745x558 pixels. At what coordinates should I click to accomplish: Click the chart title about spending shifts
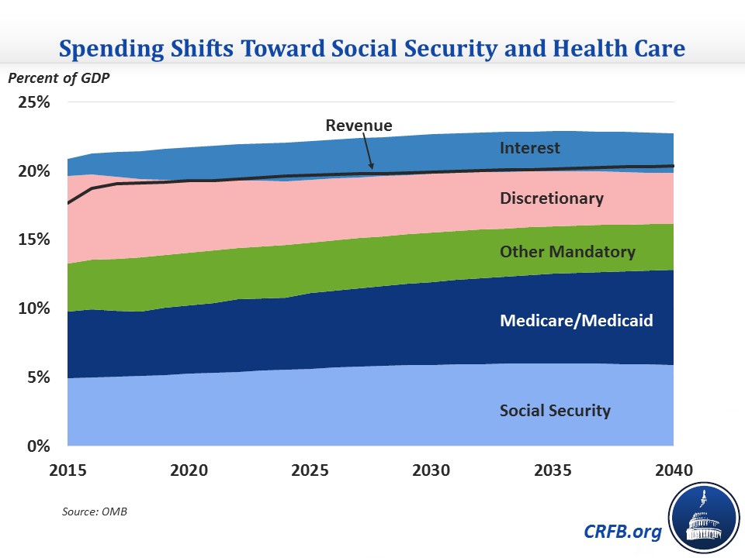372,49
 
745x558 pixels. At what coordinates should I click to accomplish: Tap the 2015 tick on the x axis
68,470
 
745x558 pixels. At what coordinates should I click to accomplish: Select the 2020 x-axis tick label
189,470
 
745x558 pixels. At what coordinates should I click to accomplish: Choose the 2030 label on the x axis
431,470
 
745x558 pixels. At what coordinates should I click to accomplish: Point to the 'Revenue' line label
359,125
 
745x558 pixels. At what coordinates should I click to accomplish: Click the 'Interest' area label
530,147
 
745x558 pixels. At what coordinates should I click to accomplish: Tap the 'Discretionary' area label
551,198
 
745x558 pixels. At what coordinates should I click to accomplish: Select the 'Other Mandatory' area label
567,252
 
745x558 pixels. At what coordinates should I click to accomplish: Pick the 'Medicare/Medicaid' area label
577,320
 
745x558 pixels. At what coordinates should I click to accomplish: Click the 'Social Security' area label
555,411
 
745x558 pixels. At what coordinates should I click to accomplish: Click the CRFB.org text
624,532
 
